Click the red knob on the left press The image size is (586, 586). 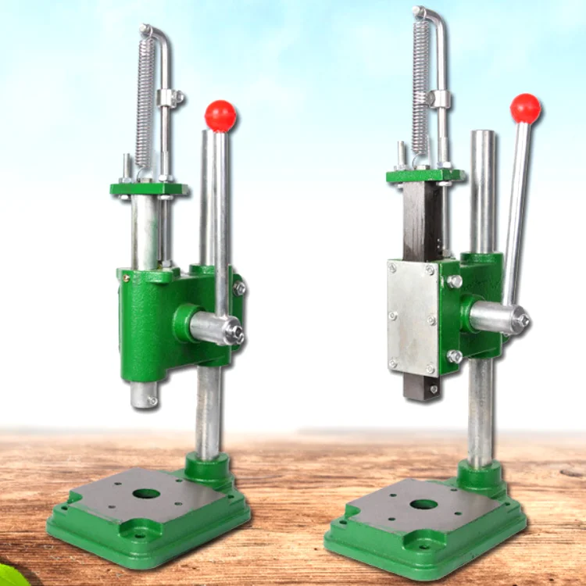(x=220, y=116)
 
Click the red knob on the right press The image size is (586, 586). (x=526, y=109)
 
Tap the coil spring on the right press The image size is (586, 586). (x=421, y=86)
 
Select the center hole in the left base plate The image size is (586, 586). (x=146, y=494)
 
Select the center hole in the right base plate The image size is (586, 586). (x=423, y=504)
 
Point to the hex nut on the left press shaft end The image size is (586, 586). (x=234, y=332)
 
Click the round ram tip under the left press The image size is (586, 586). (x=145, y=395)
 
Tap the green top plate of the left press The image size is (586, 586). (x=148, y=188)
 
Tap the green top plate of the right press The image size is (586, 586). (x=425, y=175)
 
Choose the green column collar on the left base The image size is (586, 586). (x=208, y=468)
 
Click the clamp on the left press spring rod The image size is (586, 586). (x=170, y=98)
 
